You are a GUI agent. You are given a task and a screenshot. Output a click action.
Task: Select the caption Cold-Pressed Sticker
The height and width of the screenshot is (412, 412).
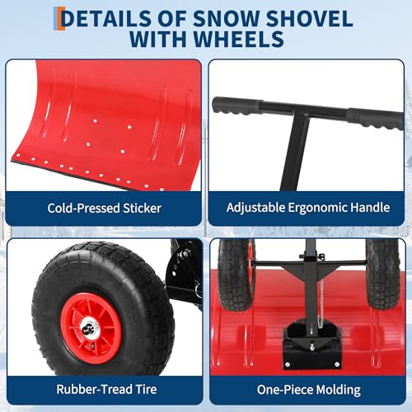pyautogui.click(x=104, y=208)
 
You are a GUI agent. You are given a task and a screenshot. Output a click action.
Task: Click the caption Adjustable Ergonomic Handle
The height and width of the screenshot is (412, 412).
pyautogui.click(x=307, y=208)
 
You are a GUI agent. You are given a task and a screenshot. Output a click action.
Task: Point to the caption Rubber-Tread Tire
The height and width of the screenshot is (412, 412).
pyautogui.click(x=104, y=390)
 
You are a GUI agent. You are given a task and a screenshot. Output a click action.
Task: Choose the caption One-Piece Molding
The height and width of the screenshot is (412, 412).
pyautogui.click(x=307, y=390)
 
